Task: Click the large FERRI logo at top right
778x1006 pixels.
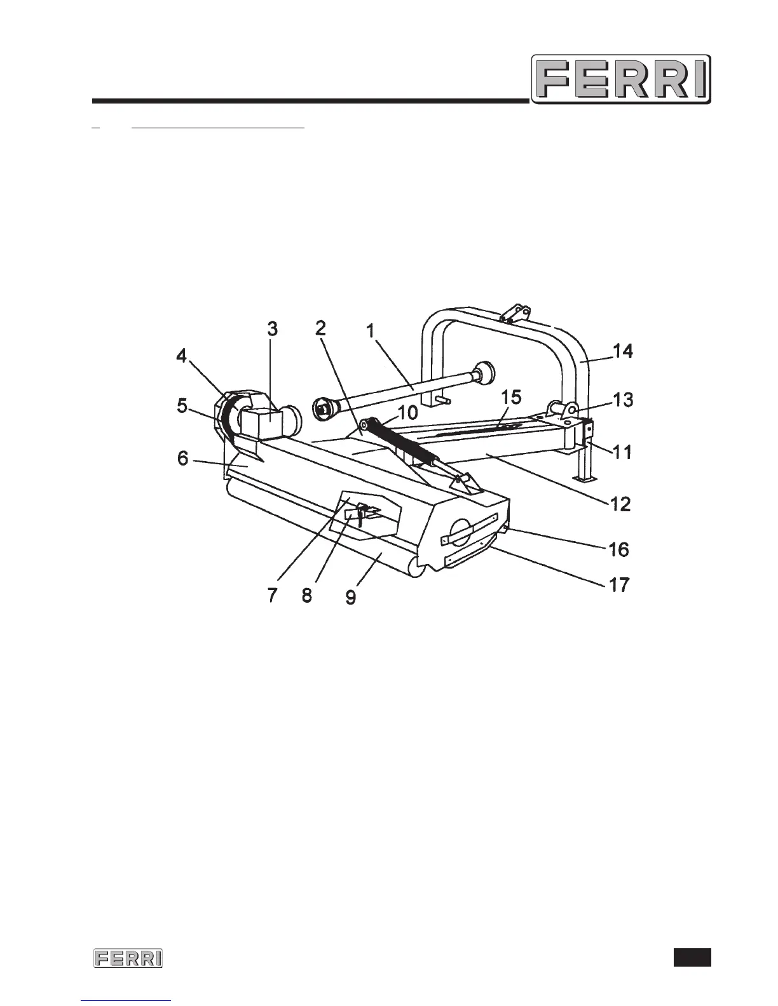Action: point(620,79)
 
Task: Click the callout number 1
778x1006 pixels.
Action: point(372,331)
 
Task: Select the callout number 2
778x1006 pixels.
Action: point(321,328)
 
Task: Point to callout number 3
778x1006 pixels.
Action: point(272,330)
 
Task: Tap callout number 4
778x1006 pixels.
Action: point(182,356)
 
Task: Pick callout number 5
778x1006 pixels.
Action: point(182,405)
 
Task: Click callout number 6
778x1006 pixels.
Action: point(183,457)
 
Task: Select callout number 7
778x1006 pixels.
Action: point(272,596)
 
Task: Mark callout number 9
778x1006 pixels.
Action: point(351,596)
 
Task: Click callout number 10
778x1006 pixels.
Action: point(408,413)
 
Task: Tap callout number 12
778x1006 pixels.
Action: point(620,504)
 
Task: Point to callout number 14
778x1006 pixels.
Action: point(623,351)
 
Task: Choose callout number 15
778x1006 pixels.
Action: point(512,398)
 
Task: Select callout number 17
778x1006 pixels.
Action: point(620,584)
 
